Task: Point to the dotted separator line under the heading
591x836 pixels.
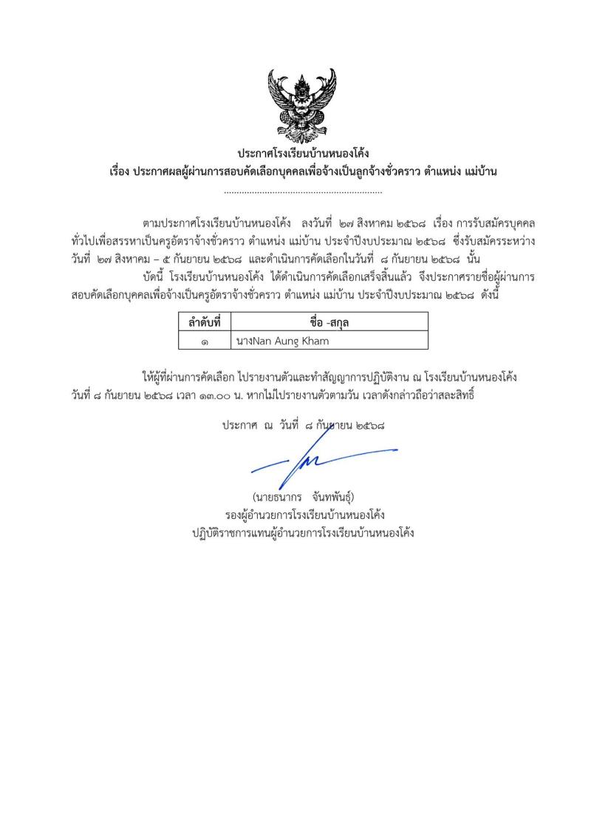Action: (x=302, y=192)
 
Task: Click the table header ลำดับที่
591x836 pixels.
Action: (x=204, y=322)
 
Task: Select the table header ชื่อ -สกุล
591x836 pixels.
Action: (x=329, y=322)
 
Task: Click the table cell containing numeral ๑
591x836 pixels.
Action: (x=204, y=341)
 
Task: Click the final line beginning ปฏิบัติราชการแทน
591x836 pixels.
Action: (x=303, y=531)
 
